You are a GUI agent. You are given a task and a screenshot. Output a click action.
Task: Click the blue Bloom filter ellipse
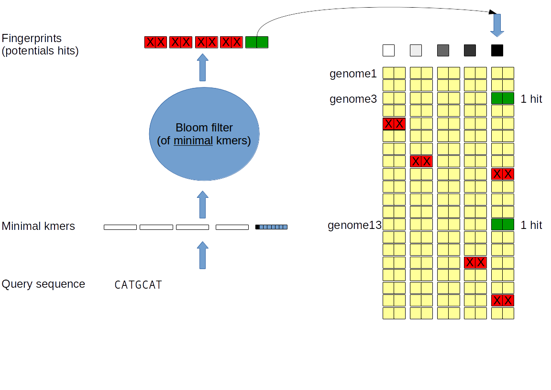tap(204, 134)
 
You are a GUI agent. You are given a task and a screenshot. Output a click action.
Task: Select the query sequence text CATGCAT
tap(138, 285)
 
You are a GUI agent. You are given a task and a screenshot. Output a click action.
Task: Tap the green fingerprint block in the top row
tap(257, 42)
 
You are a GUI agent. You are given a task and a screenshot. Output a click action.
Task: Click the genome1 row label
tap(353, 74)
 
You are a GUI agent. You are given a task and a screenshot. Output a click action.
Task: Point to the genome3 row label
tap(353, 99)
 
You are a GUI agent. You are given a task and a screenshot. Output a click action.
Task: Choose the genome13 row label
tap(354, 225)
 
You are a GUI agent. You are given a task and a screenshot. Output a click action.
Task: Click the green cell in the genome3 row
tap(502, 98)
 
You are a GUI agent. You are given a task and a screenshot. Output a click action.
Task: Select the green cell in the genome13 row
tap(502, 225)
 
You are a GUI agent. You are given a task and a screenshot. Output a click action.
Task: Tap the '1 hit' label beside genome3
tap(531, 99)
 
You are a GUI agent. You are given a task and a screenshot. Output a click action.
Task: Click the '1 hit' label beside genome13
tap(531, 225)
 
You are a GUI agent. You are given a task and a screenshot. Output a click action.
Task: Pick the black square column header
tap(497, 50)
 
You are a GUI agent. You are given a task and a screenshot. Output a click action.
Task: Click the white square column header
tap(388, 50)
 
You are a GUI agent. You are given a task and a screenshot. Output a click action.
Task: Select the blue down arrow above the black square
tap(497, 25)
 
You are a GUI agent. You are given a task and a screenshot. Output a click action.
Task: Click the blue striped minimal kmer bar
tap(271, 227)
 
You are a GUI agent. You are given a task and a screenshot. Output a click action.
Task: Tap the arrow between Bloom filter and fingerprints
tap(203, 67)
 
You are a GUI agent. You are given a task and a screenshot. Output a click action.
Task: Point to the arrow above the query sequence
tap(203, 255)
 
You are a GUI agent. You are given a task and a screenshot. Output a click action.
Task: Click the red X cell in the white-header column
tap(394, 124)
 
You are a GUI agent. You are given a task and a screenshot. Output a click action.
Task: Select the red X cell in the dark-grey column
tap(475, 262)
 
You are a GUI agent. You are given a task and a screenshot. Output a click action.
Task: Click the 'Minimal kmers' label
tap(38, 226)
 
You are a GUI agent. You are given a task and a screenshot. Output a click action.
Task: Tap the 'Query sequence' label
tap(44, 284)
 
